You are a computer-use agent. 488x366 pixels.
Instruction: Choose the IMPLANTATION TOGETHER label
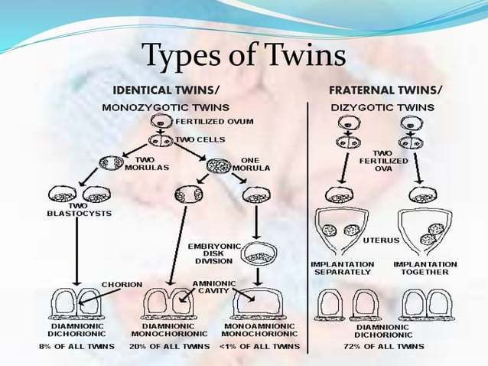pos(425,268)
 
